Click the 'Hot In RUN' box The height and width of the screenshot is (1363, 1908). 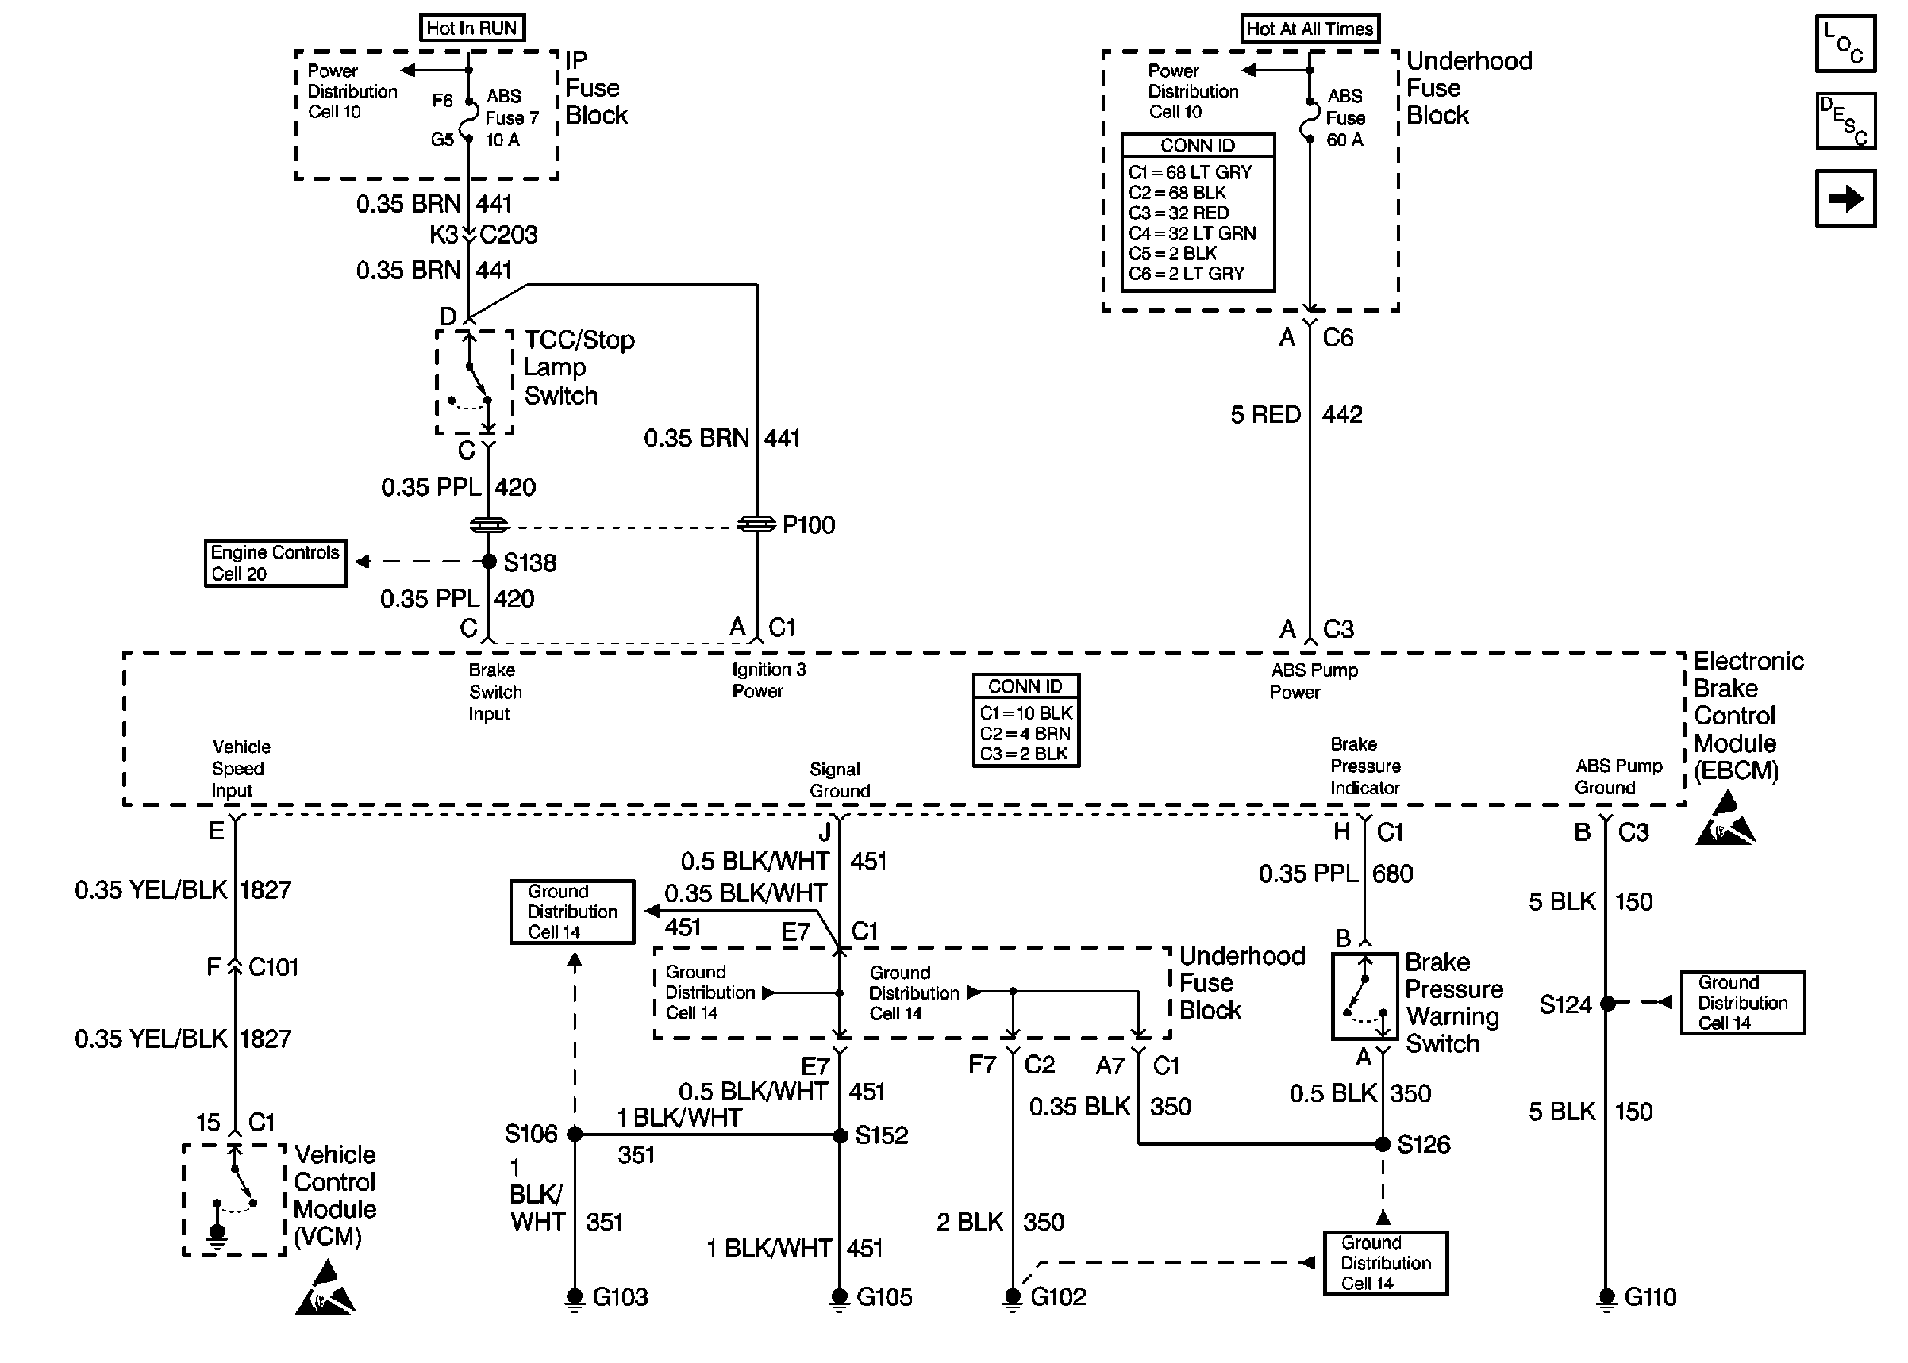[x=471, y=28]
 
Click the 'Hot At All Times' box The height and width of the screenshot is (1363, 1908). [x=1310, y=29]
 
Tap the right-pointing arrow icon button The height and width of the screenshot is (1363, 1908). [x=1845, y=198]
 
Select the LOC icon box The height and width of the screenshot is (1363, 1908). [x=1845, y=44]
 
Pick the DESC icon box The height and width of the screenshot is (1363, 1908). [x=1845, y=121]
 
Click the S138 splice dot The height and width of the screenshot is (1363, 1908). [x=489, y=562]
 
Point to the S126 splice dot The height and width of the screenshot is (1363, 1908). [x=1383, y=1143]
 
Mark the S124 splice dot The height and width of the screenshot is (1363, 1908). [x=1607, y=1003]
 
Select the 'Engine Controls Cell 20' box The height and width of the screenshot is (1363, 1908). [x=276, y=563]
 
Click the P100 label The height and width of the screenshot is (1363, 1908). [x=809, y=525]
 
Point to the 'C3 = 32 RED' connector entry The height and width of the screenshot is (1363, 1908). [x=1179, y=213]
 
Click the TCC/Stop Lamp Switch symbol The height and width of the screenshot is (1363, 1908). [x=475, y=382]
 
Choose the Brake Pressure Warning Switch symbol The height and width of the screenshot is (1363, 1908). [x=1364, y=996]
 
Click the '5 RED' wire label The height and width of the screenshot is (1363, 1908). [x=1266, y=415]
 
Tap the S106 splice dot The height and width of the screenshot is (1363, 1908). [x=575, y=1135]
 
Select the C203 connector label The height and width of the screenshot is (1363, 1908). [x=509, y=235]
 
